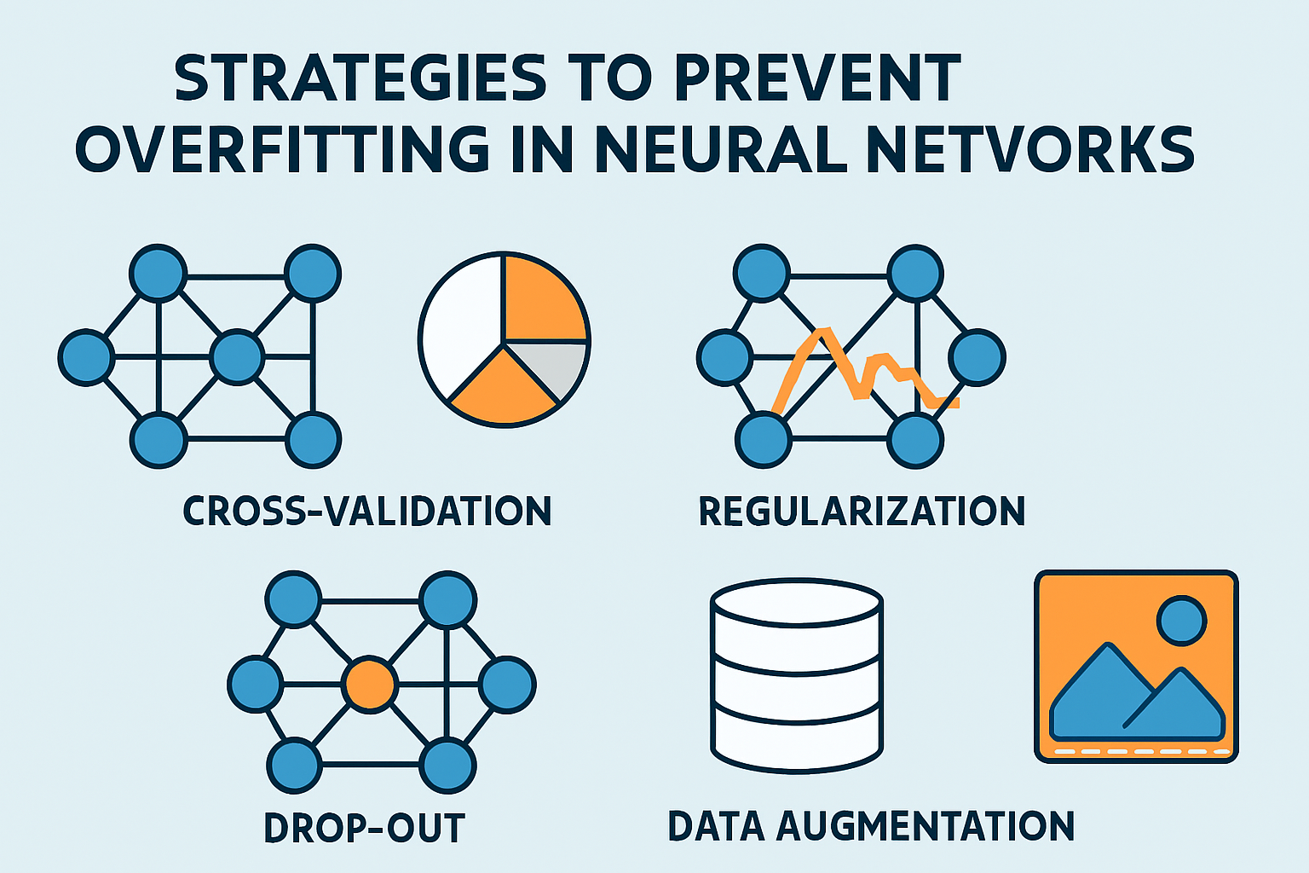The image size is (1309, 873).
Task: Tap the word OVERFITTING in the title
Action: [x=282, y=150]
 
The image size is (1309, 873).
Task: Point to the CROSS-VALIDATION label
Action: [x=367, y=512]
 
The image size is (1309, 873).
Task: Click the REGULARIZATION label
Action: [x=862, y=512]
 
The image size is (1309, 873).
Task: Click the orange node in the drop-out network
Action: [x=370, y=684]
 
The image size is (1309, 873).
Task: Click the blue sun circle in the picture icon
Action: [x=1181, y=621]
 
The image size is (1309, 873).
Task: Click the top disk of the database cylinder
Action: [x=797, y=601]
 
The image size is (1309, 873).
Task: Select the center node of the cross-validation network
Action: [x=236, y=357]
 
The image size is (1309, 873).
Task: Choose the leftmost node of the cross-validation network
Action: [x=86, y=357]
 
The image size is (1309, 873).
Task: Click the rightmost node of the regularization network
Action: [x=977, y=357]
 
